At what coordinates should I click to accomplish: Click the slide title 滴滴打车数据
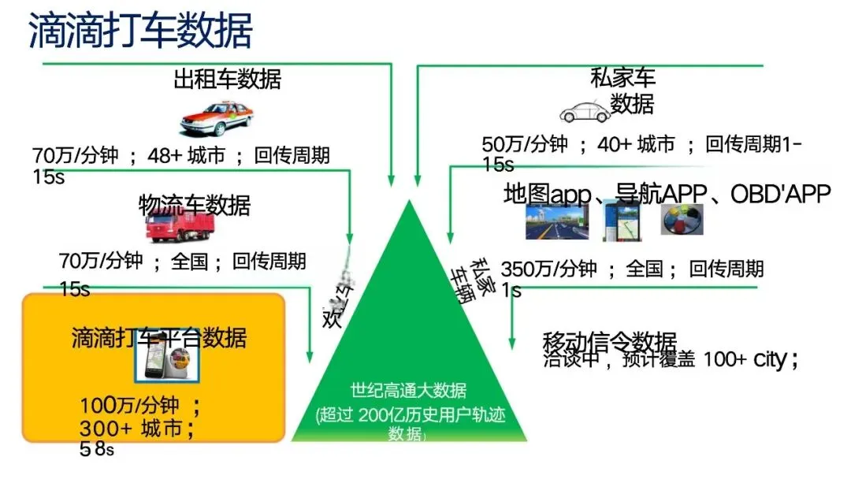click(140, 31)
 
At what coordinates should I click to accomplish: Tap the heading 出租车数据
click(227, 79)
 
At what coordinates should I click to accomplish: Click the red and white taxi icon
click(217, 118)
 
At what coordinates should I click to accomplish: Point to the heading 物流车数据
click(195, 205)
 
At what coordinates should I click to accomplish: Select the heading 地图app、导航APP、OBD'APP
click(667, 194)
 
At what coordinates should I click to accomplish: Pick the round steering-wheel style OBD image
click(682, 221)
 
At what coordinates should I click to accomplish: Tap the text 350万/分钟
click(548, 269)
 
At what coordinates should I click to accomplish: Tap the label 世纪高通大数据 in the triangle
click(408, 390)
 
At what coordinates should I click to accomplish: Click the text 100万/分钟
click(129, 406)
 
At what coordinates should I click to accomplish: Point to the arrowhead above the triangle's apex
click(392, 176)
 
